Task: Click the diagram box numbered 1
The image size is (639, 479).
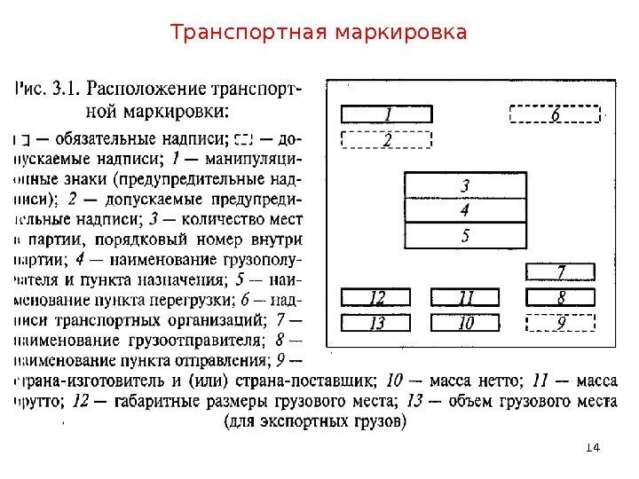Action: point(387,114)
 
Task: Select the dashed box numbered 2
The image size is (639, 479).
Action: point(387,139)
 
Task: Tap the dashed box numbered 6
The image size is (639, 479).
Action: point(555,114)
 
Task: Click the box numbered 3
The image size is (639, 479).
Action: point(464,185)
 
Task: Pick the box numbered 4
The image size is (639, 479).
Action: point(464,210)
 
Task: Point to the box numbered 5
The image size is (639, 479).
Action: point(464,236)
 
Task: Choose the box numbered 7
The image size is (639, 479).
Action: point(561,271)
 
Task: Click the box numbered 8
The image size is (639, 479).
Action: point(561,297)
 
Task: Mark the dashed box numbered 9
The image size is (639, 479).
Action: point(561,323)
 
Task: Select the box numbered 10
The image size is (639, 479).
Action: point(465,323)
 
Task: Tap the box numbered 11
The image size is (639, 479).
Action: point(465,297)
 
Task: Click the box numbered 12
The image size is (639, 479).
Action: point(377,297)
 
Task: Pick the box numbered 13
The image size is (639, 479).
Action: point(377,323)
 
